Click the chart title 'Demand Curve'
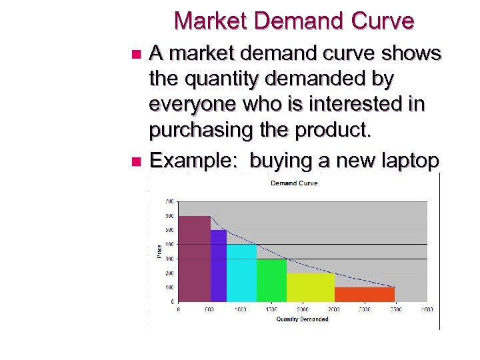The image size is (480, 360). click(293, 183)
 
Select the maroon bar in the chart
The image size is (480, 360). click(194, 259)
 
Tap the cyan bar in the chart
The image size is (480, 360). click(241, 273)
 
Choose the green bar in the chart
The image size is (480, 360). click(271, 280)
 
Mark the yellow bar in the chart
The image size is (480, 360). click(311, 287)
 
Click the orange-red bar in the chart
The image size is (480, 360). click(365, 294)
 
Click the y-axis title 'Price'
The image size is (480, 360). click(159, 251)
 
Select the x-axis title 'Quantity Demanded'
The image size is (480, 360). click(302, 319)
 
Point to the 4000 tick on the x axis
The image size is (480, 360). click(427, 309)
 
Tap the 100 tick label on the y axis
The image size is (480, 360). click(169, 287)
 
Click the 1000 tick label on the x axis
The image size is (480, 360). click(240, 309)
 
